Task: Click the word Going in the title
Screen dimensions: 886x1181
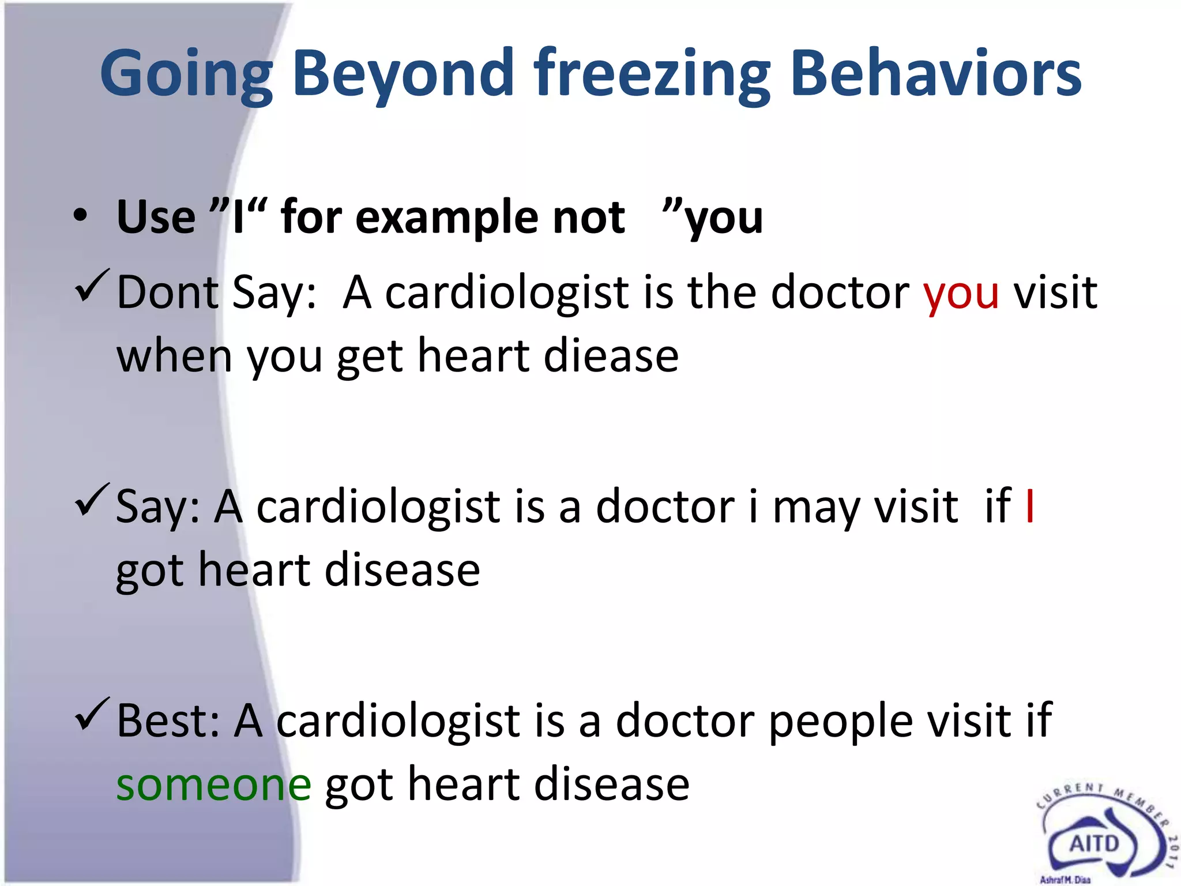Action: tap(186, 75)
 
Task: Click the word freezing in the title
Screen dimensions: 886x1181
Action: tap(652, 75)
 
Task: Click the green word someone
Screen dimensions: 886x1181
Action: tap(214, 786)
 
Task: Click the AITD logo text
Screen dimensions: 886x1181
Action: tap(1094, 844)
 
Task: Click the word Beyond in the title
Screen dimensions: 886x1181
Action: tap(403, 75)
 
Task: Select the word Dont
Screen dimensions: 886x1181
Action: tap(167, 293)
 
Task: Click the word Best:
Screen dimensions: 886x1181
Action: tap(168, 721)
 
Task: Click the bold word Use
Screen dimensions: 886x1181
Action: tap(156, 217)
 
